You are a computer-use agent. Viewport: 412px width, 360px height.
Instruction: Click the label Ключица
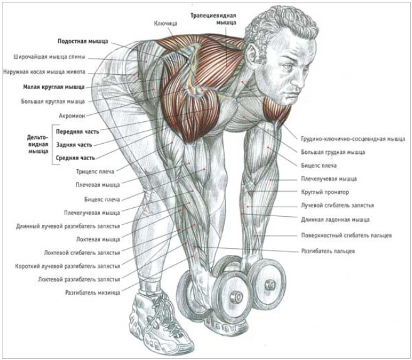[x=166, y=23]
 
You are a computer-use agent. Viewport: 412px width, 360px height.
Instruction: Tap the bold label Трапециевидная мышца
[x=213, y=19]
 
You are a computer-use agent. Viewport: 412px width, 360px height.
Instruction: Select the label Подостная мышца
[x=83, y=41]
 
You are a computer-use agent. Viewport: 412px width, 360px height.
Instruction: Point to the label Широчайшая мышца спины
[x=50, y=57]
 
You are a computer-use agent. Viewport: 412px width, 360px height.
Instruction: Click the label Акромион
[x=72, y=116]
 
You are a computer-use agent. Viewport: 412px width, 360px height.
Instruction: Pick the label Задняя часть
[x=74, y=145]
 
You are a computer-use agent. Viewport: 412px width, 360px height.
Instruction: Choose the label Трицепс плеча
[x=95, y=172]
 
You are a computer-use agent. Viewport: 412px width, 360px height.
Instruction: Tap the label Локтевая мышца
[x=98, y=239]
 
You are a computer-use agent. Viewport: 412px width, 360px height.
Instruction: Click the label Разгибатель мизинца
[x=93, y=293]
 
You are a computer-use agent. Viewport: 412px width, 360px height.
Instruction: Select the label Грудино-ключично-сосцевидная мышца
[x=353, y=139]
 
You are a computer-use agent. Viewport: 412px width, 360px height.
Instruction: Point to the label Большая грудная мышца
[x=333, y=152]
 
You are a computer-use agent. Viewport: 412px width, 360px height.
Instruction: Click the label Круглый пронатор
[x=325, y=192]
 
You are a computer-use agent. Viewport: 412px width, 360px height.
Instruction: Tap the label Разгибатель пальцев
[x=328, y=251]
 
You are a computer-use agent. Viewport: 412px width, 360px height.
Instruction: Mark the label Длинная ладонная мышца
[x=335, y=219]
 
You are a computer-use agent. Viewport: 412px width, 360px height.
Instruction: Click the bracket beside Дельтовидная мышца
[x=53, y=145]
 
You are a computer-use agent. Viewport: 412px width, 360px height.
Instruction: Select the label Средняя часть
[x=75, y=158]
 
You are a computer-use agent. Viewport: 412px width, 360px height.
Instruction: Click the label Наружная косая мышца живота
[x=44, y=72]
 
